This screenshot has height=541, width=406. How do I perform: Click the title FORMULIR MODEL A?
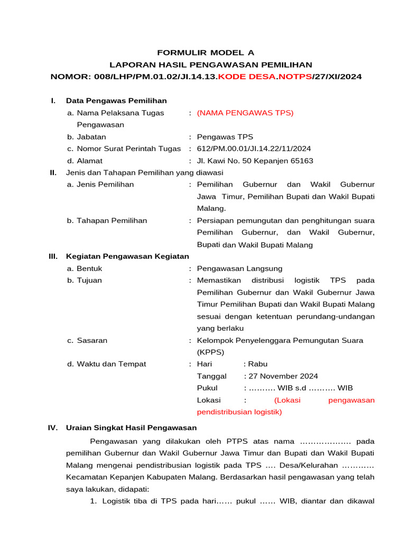[206, 52]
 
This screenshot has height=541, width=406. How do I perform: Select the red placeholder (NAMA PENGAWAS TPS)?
[245, 113]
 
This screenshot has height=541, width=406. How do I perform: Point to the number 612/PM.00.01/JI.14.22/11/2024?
[254, 148]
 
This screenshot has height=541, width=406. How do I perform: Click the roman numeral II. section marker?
[53, 172]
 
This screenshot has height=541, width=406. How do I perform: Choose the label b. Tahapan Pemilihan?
[107, 220]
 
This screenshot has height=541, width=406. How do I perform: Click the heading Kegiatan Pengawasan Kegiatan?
[127, 256]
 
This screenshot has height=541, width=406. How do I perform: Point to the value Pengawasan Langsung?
[239, 268]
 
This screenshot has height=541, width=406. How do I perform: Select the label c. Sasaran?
[87, 340]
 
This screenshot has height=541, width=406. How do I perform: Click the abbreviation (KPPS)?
[210, 352]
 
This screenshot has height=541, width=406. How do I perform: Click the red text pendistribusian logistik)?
[239, 412]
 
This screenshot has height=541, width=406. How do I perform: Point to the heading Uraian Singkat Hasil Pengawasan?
[131, 427]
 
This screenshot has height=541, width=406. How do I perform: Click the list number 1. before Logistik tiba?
[94, 501]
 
